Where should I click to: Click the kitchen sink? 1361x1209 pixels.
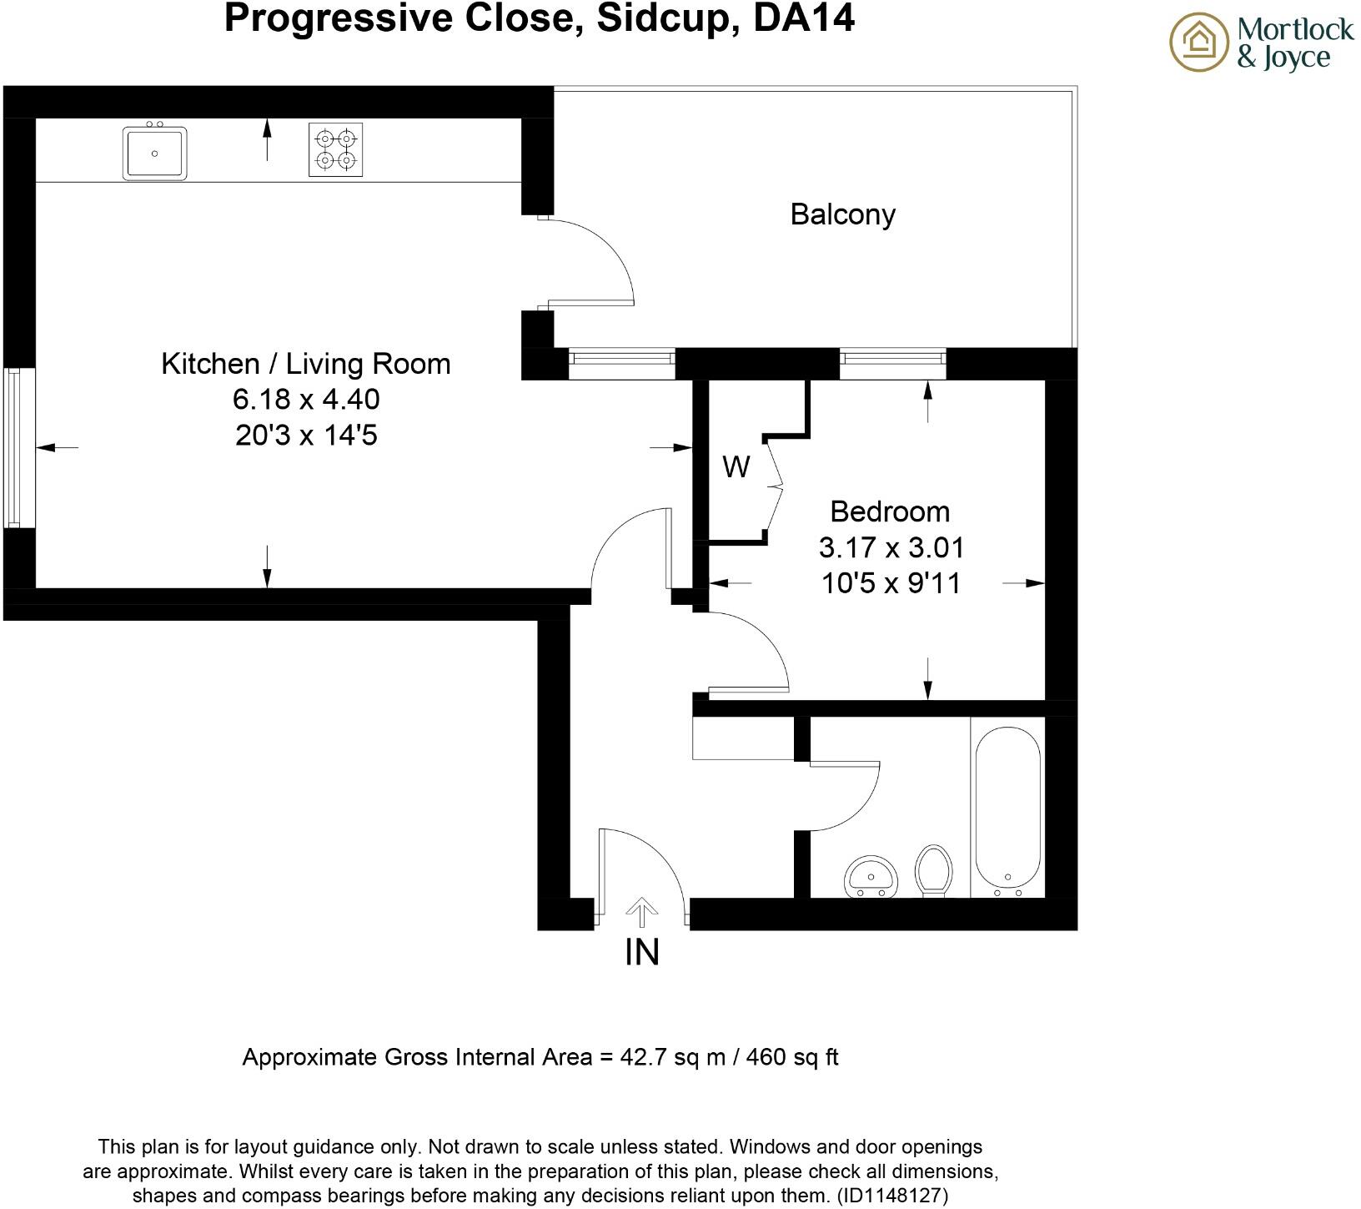click(155, 152)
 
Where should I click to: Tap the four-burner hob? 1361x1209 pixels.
click(336, 149)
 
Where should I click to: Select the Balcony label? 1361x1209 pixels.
click(842, 214)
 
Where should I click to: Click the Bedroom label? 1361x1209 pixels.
click(890, 511)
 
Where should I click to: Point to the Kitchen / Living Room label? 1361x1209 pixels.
click(305, 364)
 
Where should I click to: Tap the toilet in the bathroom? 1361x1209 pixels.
click(933, 871)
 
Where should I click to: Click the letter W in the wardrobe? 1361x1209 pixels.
click(736, 467)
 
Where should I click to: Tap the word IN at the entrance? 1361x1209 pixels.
click(641, 952)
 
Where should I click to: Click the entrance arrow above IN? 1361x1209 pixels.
click(641, 911)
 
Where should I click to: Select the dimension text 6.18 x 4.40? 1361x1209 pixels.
click(305, 400)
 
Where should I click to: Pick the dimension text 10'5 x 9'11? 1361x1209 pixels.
click(891, 583)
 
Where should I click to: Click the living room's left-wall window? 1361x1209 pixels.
click(15, 447)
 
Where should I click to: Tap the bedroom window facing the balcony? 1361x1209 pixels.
click(892, 359)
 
